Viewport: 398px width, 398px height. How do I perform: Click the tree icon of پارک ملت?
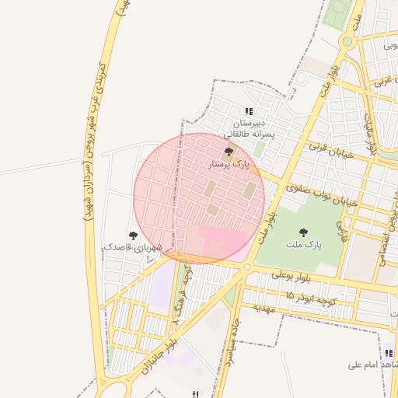302,232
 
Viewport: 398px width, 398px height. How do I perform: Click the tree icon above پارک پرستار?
228,152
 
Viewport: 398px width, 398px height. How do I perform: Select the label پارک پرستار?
229,165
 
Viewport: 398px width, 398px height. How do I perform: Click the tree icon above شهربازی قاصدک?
133,235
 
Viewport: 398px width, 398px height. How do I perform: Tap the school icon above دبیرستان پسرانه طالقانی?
249,112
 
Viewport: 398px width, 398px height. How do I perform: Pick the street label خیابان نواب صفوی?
321,194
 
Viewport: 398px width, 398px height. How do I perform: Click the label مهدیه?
264,308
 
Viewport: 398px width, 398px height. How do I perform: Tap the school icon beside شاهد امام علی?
388,353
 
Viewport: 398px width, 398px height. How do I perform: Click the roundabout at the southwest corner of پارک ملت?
247,267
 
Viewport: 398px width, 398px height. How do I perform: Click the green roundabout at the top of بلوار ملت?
347,41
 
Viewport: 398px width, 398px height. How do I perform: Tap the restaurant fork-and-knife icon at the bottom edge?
195,394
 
